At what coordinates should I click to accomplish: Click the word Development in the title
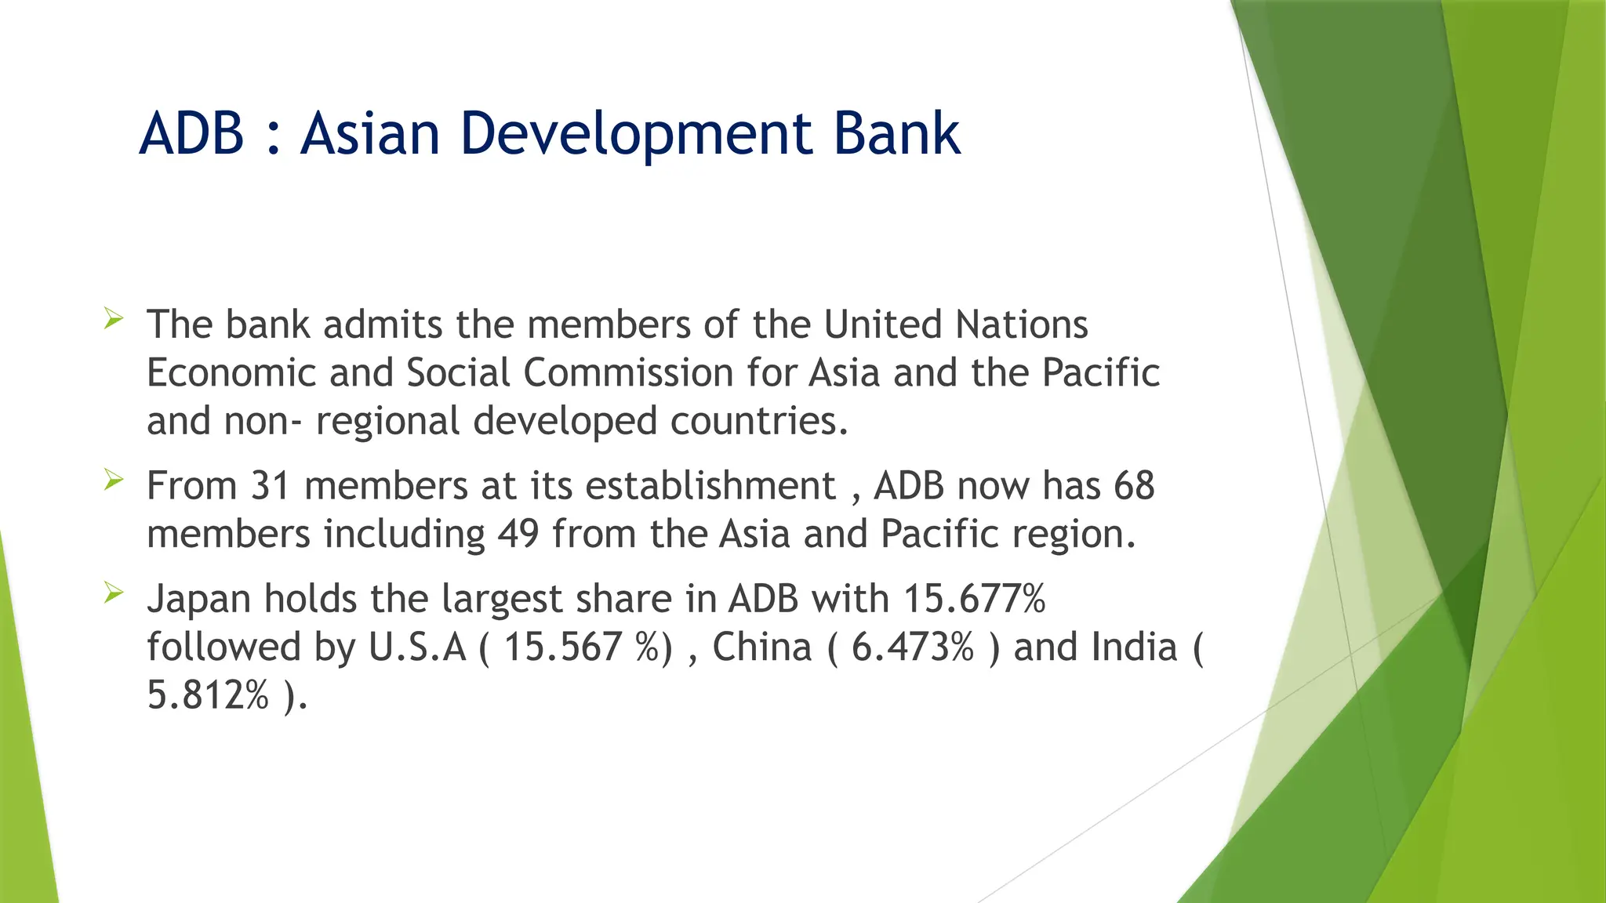coord(638,135)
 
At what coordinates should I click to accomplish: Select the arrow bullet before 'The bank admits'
coord(114,318)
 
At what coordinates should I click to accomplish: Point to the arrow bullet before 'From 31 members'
coord(114,480)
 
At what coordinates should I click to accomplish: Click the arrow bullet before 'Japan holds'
coord(114,593)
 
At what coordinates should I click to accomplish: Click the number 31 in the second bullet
coord(271,486)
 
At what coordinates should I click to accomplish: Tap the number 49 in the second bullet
coord(518,535)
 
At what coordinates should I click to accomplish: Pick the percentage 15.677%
coord(975,599)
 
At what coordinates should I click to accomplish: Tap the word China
coord(761,647)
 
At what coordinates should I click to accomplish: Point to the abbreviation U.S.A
coord(417,647)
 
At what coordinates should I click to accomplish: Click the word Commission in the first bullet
coord(628,373)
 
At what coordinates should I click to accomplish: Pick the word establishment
coord(710,486)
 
